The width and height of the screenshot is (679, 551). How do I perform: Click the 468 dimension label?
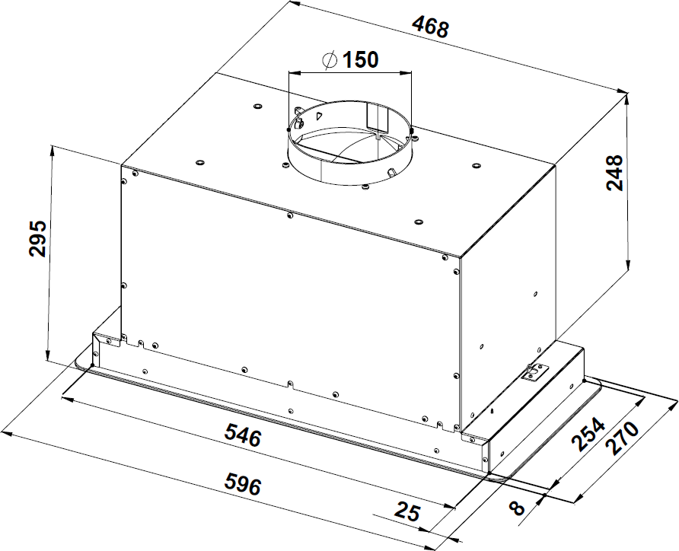coord(430,27)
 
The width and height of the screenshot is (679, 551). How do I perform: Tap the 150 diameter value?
coord(360,59)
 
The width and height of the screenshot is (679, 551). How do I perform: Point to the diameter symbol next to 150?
coord(330,59)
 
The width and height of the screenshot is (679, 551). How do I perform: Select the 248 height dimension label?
coord(614,172)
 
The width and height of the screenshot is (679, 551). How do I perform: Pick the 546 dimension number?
coord(243,435)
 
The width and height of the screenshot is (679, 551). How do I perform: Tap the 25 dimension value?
coord(406,511)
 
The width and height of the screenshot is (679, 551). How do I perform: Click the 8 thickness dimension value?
coord(516,508)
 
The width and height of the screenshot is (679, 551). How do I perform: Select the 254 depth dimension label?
coord(588,434)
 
